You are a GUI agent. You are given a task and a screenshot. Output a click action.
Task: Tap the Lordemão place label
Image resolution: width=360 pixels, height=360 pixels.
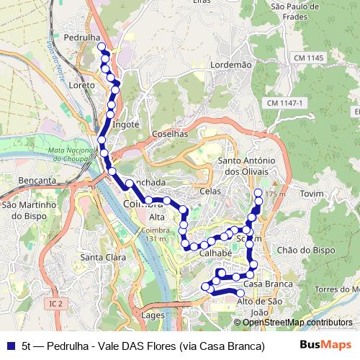[230, 65]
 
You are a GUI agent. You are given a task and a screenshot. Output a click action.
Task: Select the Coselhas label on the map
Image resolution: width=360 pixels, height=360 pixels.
[170, 134]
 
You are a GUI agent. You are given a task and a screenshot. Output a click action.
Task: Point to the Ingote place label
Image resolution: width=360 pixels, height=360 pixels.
[126, 124]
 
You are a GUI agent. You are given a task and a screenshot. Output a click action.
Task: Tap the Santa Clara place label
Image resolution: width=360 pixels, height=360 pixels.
[101, 257]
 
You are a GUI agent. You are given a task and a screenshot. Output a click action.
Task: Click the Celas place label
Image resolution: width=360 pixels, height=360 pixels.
[210, 191]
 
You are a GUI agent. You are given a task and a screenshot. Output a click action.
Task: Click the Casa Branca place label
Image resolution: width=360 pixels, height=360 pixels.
[272, 284]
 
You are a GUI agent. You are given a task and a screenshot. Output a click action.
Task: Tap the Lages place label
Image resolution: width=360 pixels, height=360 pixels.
[153, 315]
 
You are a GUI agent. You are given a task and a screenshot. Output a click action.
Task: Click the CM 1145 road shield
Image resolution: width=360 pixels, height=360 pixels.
[309, 57]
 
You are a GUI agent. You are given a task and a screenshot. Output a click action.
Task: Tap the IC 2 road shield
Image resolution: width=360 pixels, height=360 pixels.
[56, 305]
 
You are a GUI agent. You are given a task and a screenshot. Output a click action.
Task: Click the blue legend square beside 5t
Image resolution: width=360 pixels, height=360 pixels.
[10, 346]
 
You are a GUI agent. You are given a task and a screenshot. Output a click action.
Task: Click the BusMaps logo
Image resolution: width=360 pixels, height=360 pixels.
[326, 345]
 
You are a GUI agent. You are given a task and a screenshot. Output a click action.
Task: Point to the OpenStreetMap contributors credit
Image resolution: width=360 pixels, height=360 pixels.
[297, 323]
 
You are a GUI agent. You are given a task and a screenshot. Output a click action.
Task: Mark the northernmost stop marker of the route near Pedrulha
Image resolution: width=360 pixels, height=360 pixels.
[102, 47]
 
